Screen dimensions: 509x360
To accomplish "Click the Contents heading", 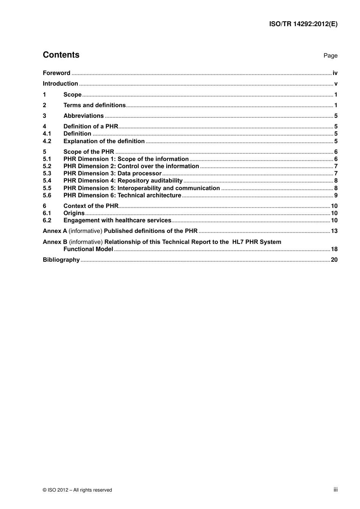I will pyautogui.click(x=61, y=55).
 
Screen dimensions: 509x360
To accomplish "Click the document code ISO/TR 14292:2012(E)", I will pyautogui.click(x=303, y=24).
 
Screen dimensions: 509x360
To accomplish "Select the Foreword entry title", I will pyautogui.click(x=56, y=73).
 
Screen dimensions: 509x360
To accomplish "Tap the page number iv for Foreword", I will pyautogui.click(x=335, y=73).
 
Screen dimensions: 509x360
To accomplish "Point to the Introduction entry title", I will pyautogui.click(x=60, y=84).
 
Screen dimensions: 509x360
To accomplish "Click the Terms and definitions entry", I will pyautogui.click(x=94, y=105).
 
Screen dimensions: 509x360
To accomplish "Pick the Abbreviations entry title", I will pyautogui.click(x=83, y=116).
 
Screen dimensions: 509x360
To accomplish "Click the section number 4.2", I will pyautogui.click(x=47, y=141).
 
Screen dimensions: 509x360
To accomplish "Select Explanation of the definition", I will pyautogui.click(x=104, y=141).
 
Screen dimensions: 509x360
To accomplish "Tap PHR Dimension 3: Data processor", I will pyautogui.click(x=112, y=173).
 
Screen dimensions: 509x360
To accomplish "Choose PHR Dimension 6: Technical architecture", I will pyautogui.click(x=122, y=195).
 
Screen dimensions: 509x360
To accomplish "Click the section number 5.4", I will pyautogui.click(x=47, y=181).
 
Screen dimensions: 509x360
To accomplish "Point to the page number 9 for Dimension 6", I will pyautogui.click(x=336, y=195).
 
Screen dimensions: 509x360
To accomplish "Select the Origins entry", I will pyautogui.click(x=74, y=213).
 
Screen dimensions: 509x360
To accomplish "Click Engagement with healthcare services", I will pyautogui.click(x=117, y=220).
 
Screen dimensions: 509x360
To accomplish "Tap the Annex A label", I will pyautogui.click(x=55, y=231).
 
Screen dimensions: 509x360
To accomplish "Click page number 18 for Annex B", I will pyautogui.click(x=334, y=249).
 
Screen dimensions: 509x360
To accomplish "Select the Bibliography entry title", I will pyautogui.click(x=61, y=260).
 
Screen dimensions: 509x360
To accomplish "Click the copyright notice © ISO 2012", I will pyautogui.click(x=77, y=490).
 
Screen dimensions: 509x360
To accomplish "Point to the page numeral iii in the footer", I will pyautogui.click(x=335, y=490).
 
